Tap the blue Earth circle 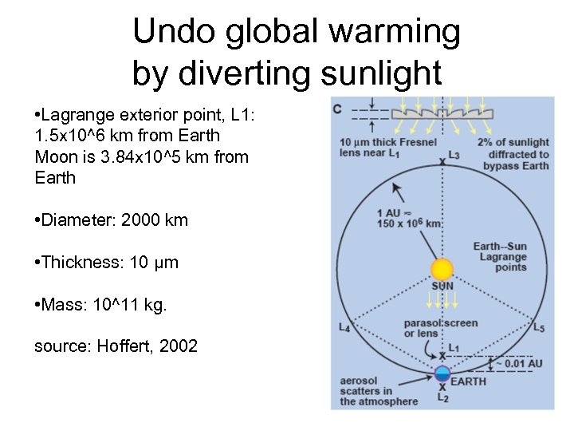point(442,373)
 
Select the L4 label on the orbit point(344,326)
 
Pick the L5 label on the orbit point(541,326)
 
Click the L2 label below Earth point(442,397)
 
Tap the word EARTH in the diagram point(468,382)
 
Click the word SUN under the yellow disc point(442,286)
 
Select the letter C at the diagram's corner point(338,108)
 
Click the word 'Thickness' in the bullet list point(79,262)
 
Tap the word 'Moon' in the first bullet point(55,156)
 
